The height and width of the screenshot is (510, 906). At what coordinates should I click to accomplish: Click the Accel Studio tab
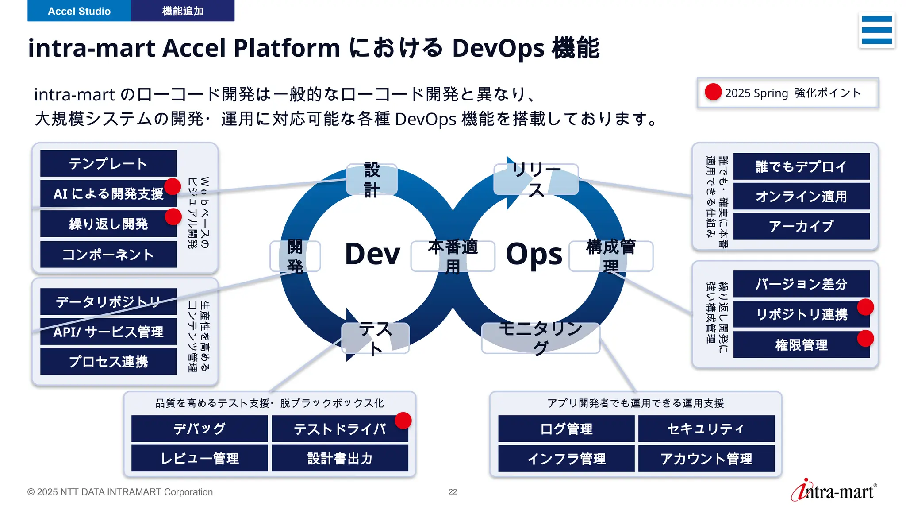79,11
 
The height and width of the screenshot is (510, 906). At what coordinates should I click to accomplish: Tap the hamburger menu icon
876,30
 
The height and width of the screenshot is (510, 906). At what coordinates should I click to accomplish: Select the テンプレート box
108,163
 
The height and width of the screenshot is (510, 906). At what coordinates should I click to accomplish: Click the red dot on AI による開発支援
173,186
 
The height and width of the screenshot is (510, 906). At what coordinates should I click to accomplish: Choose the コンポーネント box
108,255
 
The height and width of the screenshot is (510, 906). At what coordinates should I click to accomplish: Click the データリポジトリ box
108,302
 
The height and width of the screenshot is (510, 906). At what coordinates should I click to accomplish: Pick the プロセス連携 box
108,362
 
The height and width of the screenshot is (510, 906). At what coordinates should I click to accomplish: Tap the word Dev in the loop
372,255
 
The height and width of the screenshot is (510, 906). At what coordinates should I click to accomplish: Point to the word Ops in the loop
534,255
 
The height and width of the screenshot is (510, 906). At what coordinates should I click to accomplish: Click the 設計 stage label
372,180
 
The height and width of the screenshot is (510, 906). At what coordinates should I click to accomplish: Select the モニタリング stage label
540,338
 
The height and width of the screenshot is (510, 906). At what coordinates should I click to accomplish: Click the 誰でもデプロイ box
801,166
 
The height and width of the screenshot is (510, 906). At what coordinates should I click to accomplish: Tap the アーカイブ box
801,226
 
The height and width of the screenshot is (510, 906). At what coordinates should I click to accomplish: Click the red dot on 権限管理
865,339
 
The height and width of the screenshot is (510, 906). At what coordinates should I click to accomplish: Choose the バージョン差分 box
801,284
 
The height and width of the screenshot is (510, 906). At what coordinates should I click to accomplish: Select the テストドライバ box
340,429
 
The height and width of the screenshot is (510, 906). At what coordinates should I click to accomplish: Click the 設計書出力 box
340,459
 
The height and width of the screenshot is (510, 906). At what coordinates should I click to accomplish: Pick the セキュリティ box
706,429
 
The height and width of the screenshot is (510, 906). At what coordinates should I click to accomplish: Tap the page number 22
453,492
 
